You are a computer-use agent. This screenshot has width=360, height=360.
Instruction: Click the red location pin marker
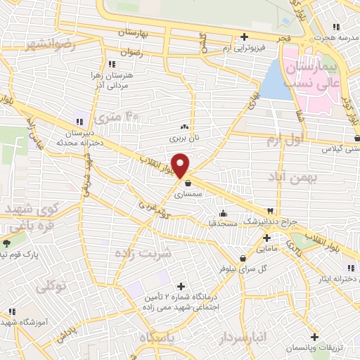click(181, 165)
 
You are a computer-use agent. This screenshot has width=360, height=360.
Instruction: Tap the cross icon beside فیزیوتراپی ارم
click(244, 37)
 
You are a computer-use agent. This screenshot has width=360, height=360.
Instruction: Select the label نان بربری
click(185, 138)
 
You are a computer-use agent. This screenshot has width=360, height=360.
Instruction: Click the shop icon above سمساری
click(188, 184)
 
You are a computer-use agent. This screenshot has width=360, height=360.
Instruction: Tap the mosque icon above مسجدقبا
click(224, 213)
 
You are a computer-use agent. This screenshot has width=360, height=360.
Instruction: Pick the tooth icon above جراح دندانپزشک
click(270, 211)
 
